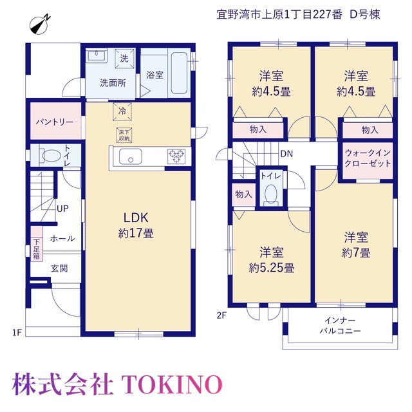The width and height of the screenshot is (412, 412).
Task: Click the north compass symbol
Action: click(x=40, y=25)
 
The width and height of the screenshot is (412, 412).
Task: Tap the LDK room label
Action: click(x=136, y=218)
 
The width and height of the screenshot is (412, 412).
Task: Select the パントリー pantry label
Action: click(x=55, y=122)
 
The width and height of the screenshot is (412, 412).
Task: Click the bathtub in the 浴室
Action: click(x=180, y=73)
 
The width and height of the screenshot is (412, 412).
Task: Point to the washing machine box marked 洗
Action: click(x=124, y=59)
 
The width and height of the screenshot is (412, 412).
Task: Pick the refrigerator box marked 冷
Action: click(x=122, y=111)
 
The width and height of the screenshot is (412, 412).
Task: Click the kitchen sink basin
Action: click(x=131, y=156)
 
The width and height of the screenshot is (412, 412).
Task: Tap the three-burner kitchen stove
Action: click(x=176, y=156)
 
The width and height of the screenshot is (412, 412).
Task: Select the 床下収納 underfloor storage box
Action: click(x=124, y=135)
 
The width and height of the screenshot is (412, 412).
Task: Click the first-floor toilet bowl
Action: click(x=51, y=155)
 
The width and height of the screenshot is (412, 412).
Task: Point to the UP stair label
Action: click(x=62, y=209)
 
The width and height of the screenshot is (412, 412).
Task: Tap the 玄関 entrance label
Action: click(x=59, y=268)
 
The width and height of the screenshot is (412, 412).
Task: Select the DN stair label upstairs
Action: click(x=286, y=154)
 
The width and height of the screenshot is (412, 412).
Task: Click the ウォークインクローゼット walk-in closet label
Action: click(x=368, y=158)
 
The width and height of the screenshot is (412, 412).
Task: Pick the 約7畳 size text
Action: click(x=356, y=253)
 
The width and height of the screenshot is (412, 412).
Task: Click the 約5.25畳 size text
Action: click(x=272, y=268)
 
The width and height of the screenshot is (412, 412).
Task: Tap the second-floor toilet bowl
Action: click(x=271, y=194)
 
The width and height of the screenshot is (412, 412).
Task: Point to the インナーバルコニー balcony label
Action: click(x=340, y=326)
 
